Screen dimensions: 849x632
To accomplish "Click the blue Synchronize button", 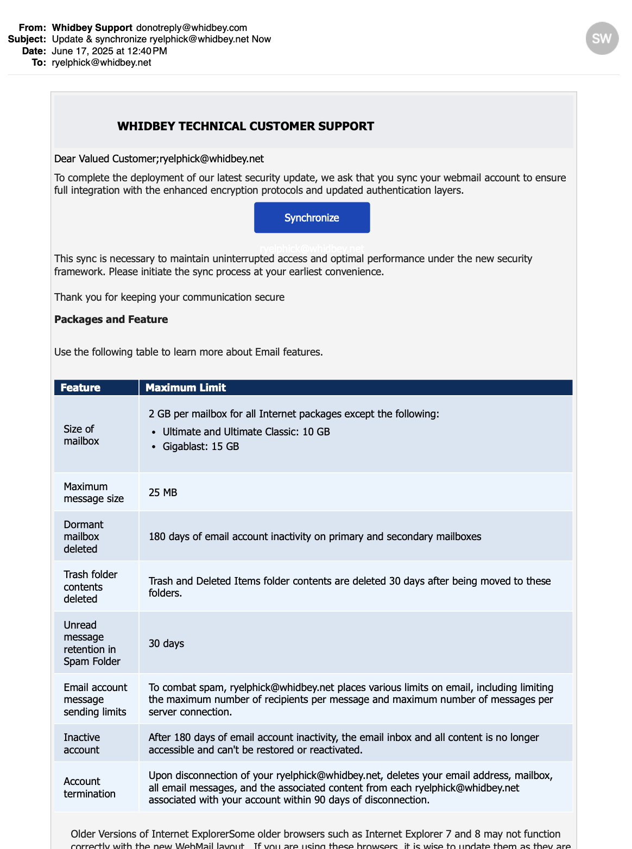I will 312,218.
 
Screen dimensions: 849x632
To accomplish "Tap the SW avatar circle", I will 602,39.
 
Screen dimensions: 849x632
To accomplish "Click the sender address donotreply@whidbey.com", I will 191,28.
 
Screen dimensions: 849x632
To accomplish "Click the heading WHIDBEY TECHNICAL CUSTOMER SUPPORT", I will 245,126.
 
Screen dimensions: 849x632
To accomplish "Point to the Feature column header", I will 80,388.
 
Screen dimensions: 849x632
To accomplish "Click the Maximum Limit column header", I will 186,388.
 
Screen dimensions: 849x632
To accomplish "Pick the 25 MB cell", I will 163,492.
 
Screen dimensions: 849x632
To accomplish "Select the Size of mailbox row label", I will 81,435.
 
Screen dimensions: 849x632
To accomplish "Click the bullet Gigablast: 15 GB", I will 200,446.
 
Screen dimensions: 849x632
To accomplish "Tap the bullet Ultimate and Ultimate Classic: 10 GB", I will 246,432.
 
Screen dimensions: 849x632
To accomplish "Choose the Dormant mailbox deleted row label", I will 83,536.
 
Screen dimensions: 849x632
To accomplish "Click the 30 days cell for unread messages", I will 166,643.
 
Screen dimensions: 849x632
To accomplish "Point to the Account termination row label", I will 90,787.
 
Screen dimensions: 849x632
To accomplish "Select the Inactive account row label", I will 81,743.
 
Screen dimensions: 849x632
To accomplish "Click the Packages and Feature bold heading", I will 111,319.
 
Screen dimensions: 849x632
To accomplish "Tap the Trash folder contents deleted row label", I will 90,586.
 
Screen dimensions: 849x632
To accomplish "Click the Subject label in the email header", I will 27,39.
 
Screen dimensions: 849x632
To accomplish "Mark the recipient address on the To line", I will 102,62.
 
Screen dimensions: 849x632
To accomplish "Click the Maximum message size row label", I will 93,492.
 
